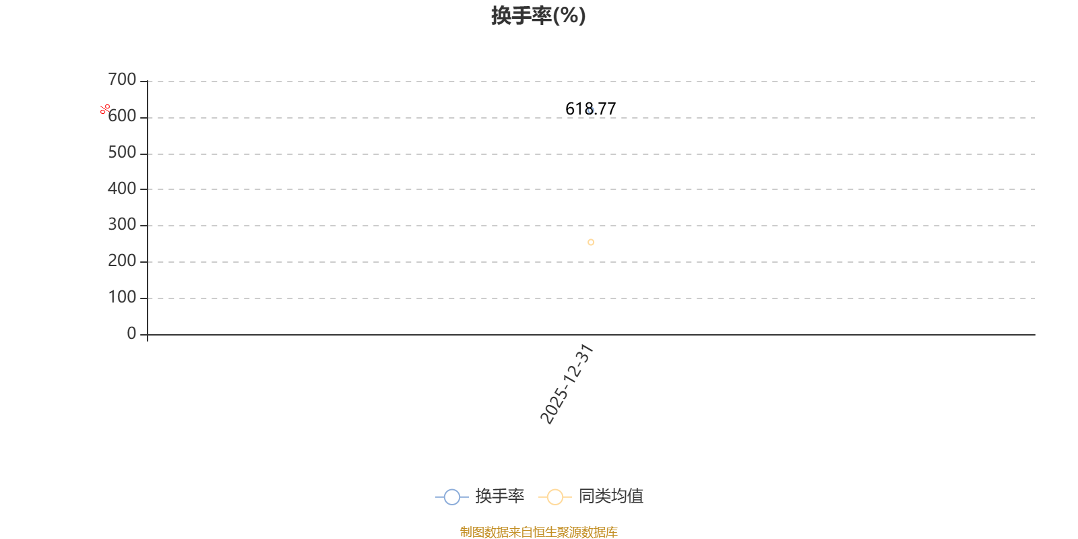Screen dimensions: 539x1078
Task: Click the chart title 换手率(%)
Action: click(538, 15)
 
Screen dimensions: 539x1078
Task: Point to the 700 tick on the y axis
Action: click(122, 80)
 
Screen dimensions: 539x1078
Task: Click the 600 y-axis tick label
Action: click(122, 117)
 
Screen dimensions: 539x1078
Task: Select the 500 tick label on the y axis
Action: click(122, 153)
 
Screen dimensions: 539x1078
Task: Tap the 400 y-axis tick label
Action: click(122, 189)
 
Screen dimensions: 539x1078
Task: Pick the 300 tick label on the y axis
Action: click(122, 225)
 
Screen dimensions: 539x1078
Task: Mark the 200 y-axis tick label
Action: click(122, 261)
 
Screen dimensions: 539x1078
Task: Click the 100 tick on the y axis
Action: click(122, 298)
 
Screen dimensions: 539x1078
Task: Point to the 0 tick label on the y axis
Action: click(131, 334)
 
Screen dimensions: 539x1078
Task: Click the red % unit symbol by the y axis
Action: click(105, 109)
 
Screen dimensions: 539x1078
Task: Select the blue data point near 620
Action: click(591, 110)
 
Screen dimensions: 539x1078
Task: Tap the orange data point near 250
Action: click(591, 243)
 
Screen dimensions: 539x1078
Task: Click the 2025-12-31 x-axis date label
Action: click(567, 385)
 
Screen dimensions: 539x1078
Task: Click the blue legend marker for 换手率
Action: click(452, 497)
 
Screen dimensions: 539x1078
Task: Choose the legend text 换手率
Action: click(499, 497)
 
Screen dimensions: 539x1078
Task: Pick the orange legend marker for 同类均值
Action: click(554, 497)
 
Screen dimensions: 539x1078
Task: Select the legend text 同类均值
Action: click(610, 497)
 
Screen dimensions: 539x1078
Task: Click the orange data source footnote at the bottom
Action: click(538, 532)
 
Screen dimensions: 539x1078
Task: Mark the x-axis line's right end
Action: click(1034, 334)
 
